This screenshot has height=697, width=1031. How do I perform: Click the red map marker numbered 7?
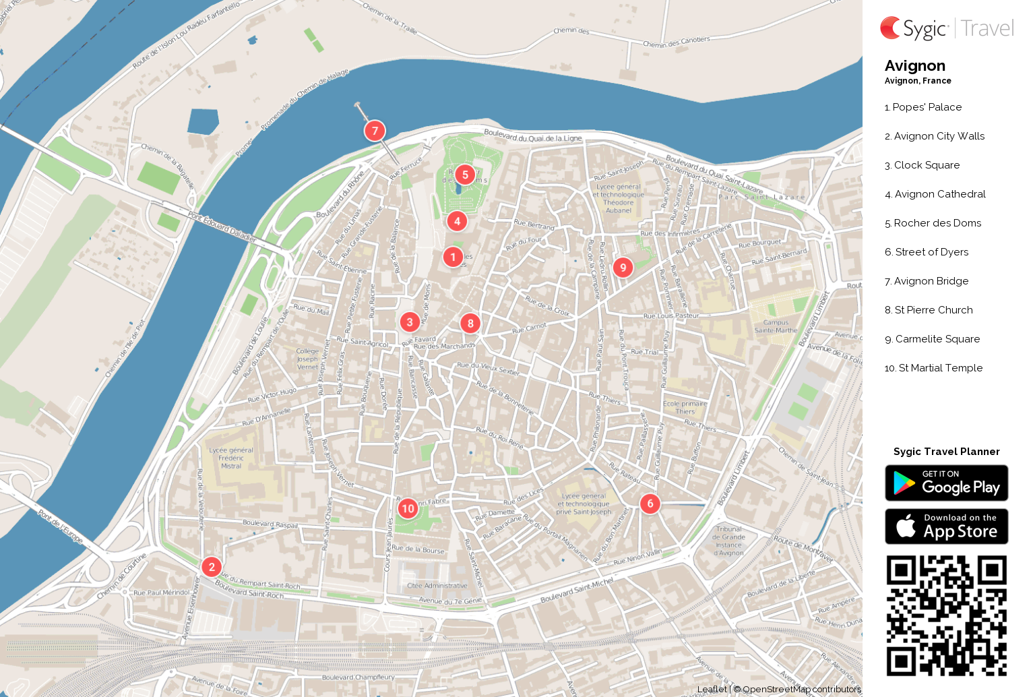[x=375, y=131]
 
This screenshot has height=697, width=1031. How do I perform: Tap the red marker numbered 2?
[x=212, y=567]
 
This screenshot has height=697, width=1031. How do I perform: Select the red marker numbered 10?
[x=408, y=508]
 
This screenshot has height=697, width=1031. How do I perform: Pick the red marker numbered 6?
[x=650, y=504]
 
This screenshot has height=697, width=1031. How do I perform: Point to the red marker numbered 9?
[x=623, y=268]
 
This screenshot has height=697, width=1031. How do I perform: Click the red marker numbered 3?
[x=409, y=322]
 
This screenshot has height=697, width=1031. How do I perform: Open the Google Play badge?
[x=946, y=483]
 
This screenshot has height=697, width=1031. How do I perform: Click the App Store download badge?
[x=946, y=526]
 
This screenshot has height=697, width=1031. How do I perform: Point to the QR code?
[x=946, y=615]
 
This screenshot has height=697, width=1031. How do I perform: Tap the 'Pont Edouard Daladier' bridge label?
[x=222, y=226]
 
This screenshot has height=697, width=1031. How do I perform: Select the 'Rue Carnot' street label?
[x=529, y=328]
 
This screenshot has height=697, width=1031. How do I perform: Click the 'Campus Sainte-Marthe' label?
[x=776, y=326]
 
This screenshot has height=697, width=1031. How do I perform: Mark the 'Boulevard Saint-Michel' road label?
[x=577, y=590]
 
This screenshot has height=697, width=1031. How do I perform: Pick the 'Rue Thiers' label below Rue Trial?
[x=604, y=398]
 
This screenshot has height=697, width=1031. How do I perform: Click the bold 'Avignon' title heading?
[x=914, y=66]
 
